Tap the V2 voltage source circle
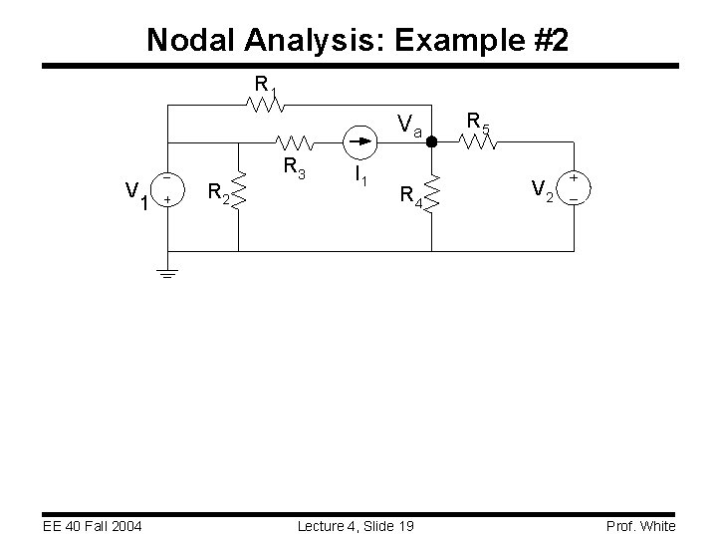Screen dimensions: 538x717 tap(574, 187)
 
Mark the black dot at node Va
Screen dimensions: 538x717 tap(431, 142)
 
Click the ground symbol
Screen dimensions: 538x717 tap(168, 271)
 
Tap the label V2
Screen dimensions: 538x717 tap(542, 188)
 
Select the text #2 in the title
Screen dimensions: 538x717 tap(549, 40)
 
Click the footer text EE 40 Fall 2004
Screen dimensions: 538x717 tap(86, 526)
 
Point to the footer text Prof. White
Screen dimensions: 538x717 tap(641, 526)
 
